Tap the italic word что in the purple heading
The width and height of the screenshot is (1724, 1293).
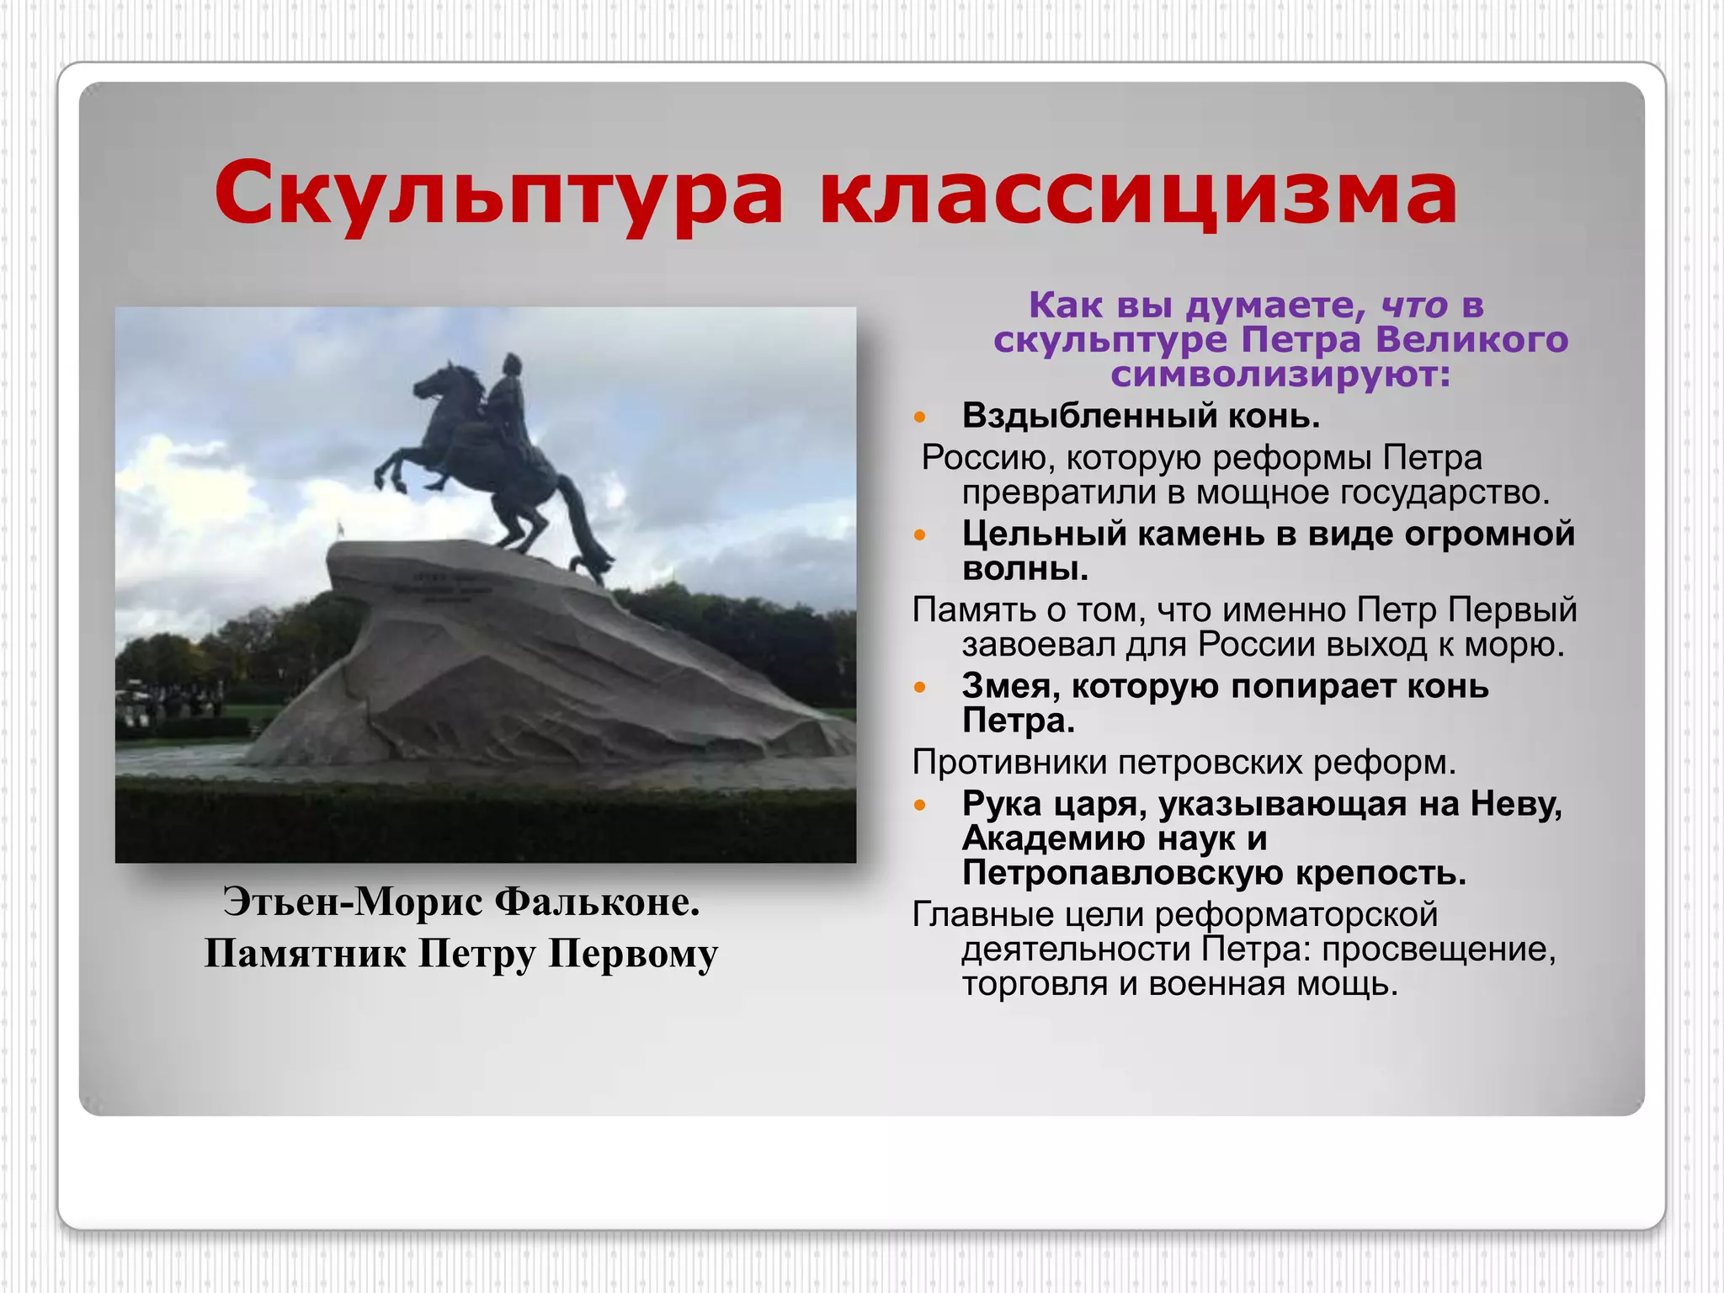1414,305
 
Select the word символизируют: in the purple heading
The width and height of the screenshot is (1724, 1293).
1281,374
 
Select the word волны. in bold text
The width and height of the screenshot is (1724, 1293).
1025,569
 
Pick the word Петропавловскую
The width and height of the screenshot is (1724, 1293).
1123,873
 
